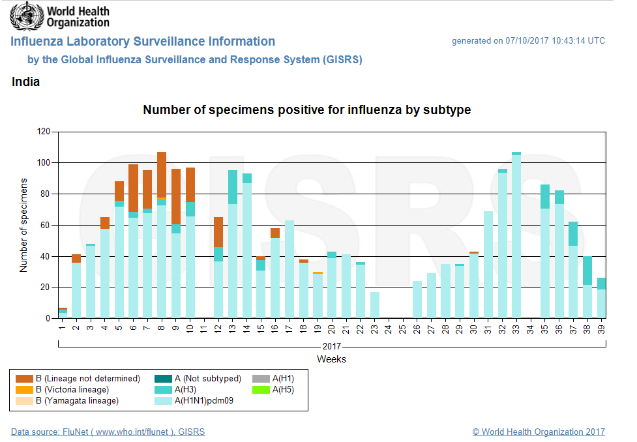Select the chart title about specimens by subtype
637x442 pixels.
pos(306,110)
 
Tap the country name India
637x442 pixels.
pos(25,82)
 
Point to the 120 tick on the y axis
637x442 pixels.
pos(44,132)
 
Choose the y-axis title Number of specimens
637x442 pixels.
pos(24,225)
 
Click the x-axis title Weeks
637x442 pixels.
pos(331,359)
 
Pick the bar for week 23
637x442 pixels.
pos(375,305)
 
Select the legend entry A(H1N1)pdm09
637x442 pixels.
pos(203,401)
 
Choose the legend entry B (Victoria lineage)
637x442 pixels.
pos(77,390)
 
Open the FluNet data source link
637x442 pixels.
pos(108,432)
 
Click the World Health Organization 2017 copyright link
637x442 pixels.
pos(538,432)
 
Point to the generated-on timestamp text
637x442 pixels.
pos(528,41)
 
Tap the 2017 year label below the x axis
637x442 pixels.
pos(331,346)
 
